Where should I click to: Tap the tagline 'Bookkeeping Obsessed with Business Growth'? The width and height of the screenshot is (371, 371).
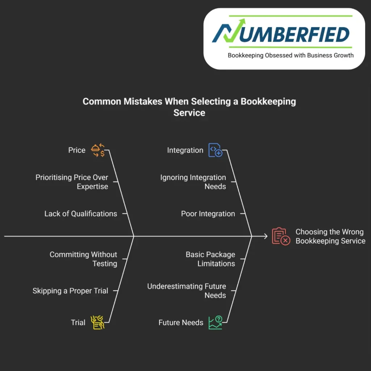(291, 55)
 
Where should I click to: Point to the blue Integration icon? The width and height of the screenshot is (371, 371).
(215, 150)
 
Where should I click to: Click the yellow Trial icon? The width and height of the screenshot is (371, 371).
(97, 322)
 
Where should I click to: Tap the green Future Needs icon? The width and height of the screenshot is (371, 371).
(215, 322)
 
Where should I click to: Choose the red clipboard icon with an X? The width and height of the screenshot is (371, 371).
(281, 236)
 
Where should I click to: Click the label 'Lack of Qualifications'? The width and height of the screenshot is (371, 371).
(81, 214)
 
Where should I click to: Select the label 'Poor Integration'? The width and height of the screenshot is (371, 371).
(208, 214)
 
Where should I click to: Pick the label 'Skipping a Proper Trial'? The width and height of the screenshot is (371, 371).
(70, 291)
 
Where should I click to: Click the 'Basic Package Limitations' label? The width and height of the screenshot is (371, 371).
(210, 259)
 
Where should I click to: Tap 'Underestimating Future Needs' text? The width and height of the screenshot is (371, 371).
(187, 291)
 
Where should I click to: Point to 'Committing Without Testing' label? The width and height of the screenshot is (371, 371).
(83, 259)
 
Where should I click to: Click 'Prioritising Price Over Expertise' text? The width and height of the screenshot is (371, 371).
(72, 182)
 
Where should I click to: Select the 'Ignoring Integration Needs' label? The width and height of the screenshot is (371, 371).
(193, 182)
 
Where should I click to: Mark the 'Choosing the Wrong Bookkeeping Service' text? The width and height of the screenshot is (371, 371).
(330, 236)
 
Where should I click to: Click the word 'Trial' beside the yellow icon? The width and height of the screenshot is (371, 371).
(78, 322)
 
